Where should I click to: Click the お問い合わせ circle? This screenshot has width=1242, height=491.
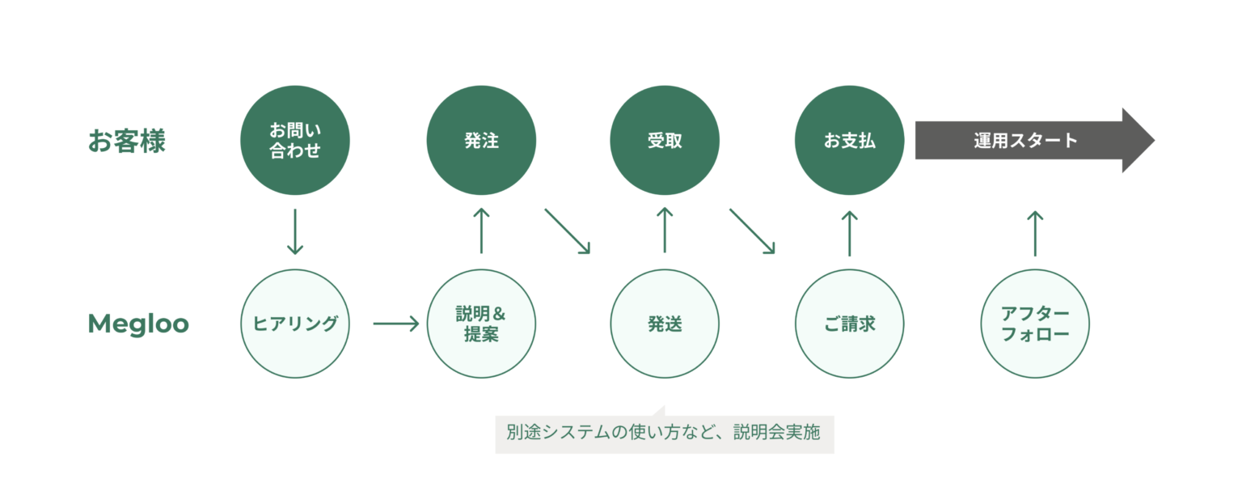click(x=295, y=141)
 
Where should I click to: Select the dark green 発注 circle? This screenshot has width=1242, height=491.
click(x=481, y=141)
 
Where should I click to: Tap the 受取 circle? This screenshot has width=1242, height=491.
click(x=665, y=141)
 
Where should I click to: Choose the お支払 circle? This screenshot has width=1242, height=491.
click(x=850, y=141)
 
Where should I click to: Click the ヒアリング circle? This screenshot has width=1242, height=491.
click(x=295, y=324)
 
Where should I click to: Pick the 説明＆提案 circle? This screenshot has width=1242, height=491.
click(x=481, y=324)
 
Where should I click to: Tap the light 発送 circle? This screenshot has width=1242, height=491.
click(x=665, y=324)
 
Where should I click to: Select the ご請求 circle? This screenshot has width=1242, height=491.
click(x=850, y=324)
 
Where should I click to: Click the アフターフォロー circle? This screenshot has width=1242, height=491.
click(x=1035, y=324)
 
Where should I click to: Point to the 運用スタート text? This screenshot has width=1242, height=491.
click(x=1025, y=141)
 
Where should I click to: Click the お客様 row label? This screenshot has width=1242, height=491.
click(x=126, y=141)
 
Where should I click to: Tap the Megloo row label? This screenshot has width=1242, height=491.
click(x=138, y=324)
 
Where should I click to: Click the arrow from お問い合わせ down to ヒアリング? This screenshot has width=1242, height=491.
click(x=295, y=231)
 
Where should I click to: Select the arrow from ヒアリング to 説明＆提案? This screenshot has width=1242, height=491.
click(x=395, y=324)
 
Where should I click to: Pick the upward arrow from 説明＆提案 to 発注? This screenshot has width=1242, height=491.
click(x=481, y=231)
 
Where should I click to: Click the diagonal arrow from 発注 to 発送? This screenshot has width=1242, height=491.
click(x=567, y=231)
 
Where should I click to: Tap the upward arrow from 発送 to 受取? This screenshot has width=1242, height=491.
click(x=665, y=231)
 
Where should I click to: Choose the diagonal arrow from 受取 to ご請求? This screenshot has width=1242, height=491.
click(x=752, y=231)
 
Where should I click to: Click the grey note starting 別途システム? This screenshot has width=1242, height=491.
click(x=664, y=434)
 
